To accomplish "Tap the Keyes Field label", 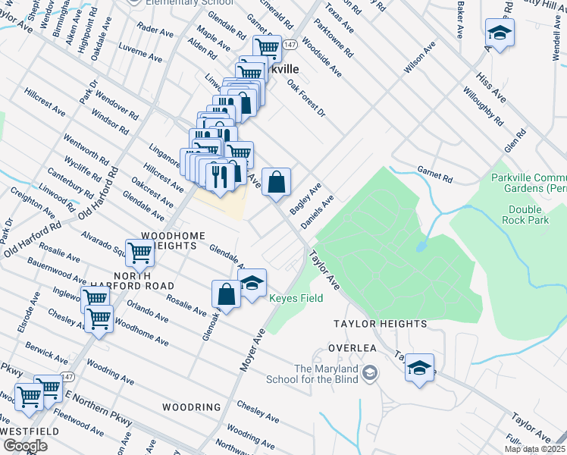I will pyautogui.click(x=296, y=298).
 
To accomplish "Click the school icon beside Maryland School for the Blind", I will pyautogui.click(x=369, y=372).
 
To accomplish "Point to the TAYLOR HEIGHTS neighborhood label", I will pyautogui.click(x=381, y=324).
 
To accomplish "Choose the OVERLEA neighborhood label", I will pyautogui.click(x=352, y=347).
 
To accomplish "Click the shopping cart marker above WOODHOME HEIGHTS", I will pyautogui.click(x=140, y=253).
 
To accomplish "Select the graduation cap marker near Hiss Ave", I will pyautogui.click(x=500, y=33).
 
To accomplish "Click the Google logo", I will pyautogui.click(x=25, y=446).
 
